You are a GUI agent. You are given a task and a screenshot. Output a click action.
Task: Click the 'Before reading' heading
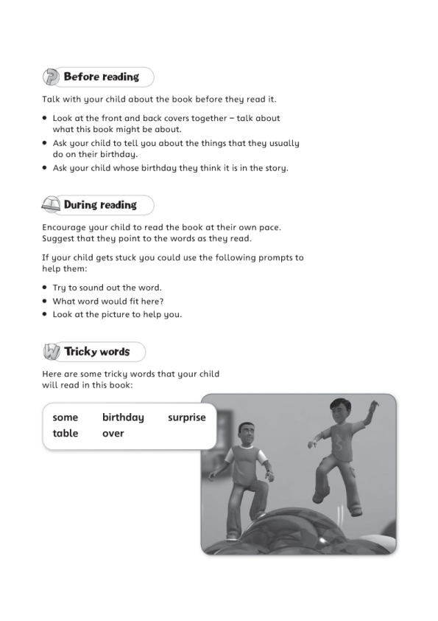(101, 77)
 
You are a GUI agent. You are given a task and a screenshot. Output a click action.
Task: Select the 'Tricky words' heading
(96, 352)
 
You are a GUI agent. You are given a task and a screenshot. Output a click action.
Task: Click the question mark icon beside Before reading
(51, 77)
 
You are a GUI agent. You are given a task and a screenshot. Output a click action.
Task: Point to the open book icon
(51, 205)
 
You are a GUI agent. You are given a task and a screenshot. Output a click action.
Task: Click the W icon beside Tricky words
(51, 352)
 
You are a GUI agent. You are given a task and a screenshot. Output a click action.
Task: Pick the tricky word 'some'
(65, 417)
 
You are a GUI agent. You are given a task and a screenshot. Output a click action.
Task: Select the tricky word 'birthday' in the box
(123, 417)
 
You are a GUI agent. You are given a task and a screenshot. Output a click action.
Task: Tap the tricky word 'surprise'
(186, 417)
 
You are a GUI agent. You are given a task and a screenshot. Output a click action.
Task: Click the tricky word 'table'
(65, 434)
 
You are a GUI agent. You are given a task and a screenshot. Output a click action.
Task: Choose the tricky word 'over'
(113, 434)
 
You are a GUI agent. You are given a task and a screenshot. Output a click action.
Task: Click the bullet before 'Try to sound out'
(46, 288)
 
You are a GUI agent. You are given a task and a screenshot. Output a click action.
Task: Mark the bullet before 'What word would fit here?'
(46, 301)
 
